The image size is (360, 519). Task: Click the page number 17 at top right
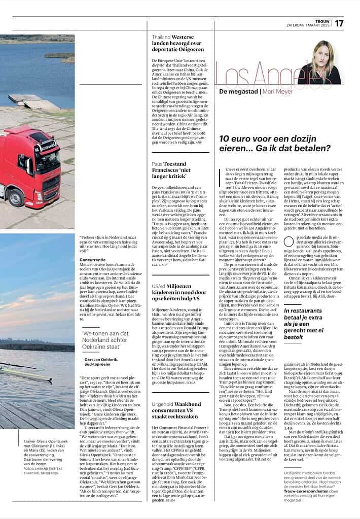click(x=339, y=23)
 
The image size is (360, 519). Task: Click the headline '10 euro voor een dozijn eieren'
click(x=274, y=143)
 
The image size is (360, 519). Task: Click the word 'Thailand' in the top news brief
click(x=161, y=37)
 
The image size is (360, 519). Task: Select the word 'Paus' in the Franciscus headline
click(x=158, y=164)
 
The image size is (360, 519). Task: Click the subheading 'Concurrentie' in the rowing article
click(x=92, y=259)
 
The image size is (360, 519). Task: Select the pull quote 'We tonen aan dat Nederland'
click(x=108, y=337)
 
